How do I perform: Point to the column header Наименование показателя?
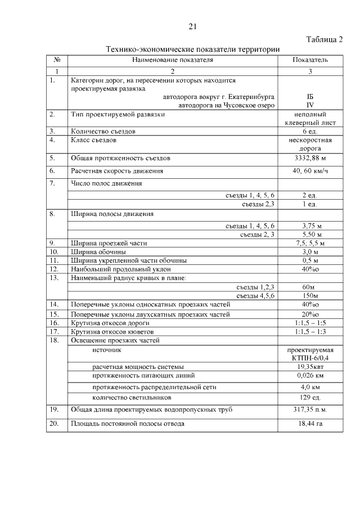(x=173, y=60)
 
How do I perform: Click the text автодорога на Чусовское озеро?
(x=226, y=105)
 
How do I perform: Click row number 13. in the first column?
(x=55, y=278)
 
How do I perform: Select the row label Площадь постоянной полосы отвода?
(x=127, y=424)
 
